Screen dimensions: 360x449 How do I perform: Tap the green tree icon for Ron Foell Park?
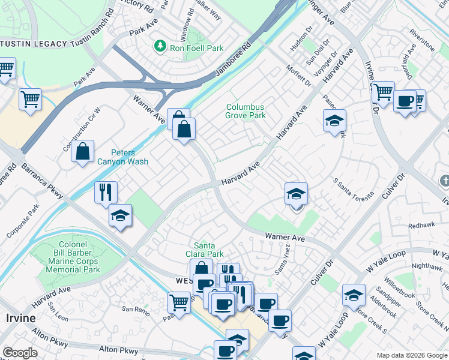click(160, 46)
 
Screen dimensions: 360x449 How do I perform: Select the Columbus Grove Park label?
click(245, 112)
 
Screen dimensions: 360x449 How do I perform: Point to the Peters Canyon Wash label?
click(122, 157)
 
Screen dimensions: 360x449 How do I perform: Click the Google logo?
click(20, 353)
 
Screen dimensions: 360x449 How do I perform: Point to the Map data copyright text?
click(411, 355)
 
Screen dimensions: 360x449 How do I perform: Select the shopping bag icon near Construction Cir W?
click(82, 151)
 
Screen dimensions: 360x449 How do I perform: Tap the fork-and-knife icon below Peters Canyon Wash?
click(105, 193)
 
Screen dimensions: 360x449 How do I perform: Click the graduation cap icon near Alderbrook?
click(354, 295)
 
